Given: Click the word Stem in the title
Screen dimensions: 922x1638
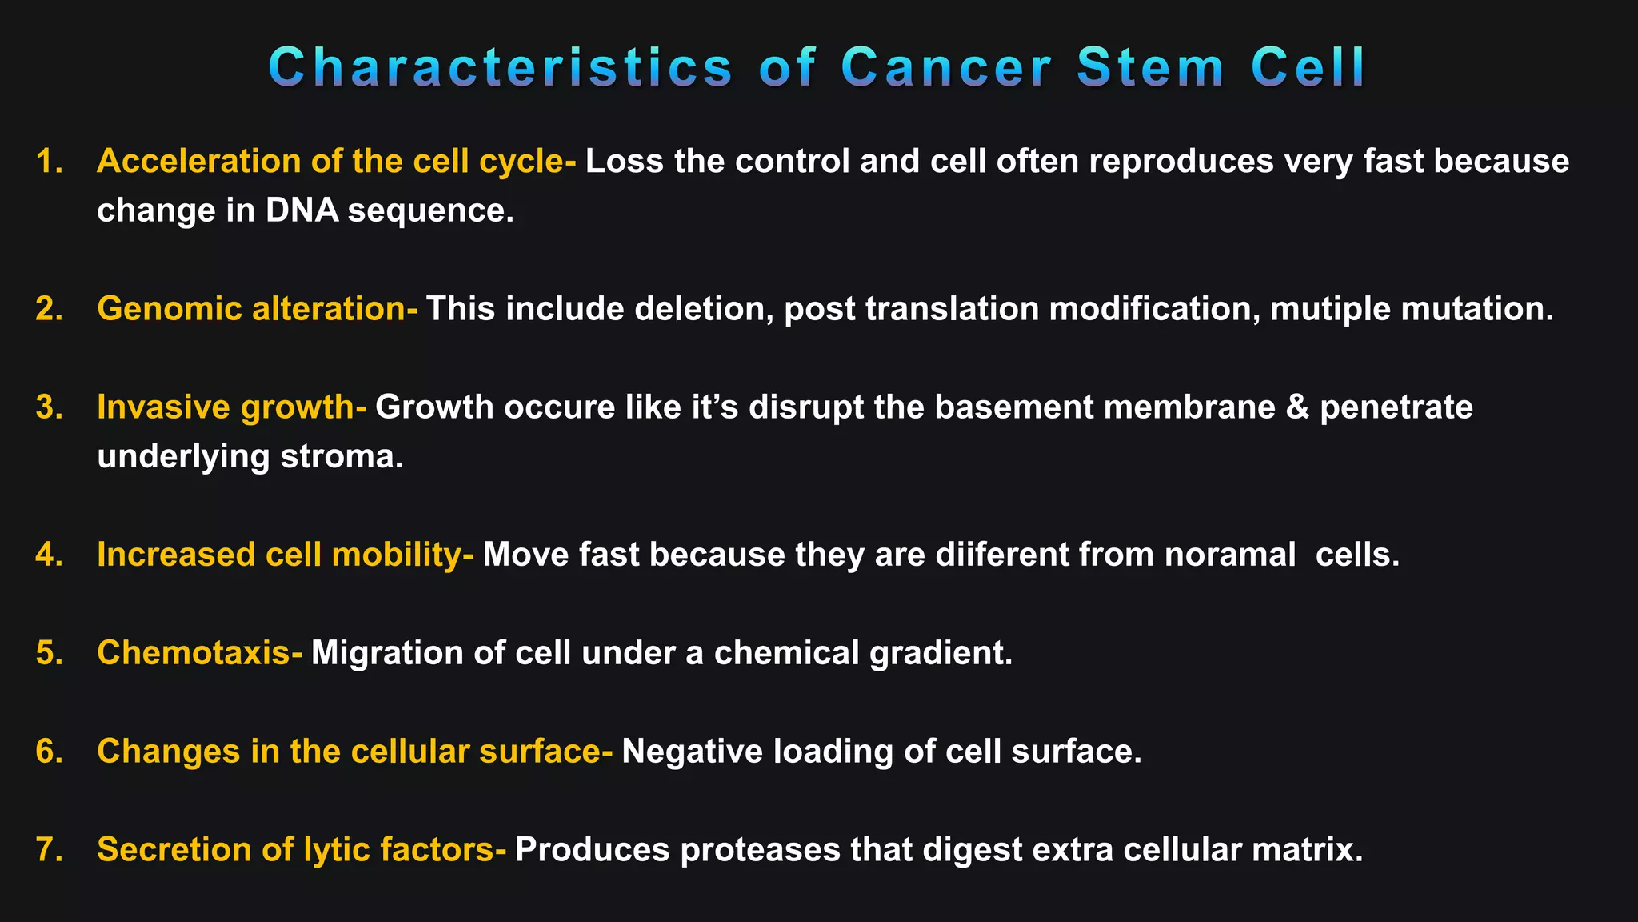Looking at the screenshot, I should (x=1150, y=67).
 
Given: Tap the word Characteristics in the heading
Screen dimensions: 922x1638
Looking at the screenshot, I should (x=501, y=67).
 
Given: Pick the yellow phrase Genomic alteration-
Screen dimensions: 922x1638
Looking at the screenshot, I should (x=257, y=309).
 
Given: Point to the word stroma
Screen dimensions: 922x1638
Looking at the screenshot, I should (x=342, y=457).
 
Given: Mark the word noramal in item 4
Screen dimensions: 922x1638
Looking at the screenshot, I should (x=1230, y=555).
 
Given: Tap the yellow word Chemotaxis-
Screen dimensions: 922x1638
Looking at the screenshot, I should (x=199, y=653).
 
